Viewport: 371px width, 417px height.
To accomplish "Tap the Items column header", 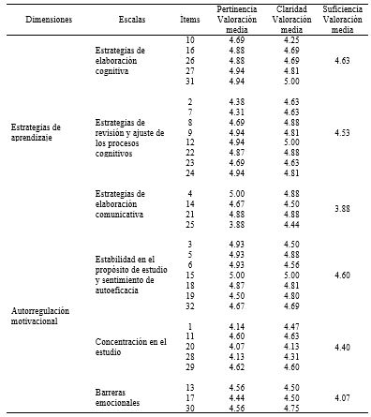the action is [x=189, y=19].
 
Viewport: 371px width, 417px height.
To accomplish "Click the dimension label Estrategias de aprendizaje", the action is [x=36, y=133].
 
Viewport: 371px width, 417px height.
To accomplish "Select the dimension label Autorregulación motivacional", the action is [x=41, y=313].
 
